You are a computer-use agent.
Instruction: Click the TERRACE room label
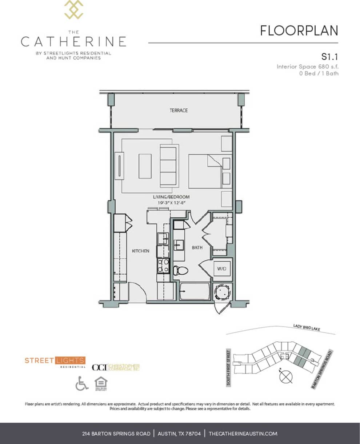tap(179, 110)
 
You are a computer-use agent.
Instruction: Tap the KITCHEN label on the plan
tap(140, 251)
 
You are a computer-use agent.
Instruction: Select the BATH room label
tap(197, 248)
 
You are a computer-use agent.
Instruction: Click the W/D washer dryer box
tap(222, 269)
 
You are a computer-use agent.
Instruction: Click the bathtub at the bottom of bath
tap(195, 292)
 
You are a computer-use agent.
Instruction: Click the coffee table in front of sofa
tap(145, 166)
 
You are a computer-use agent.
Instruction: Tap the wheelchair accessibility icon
tap(82, 383)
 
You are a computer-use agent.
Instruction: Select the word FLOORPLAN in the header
tap(299, 31)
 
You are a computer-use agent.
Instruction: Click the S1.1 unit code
tap(330, 57)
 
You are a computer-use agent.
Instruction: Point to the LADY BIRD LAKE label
tap(307, 327)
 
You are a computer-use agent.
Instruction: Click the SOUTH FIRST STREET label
tap(229, 368)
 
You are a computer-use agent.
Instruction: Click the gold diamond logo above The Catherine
tap(73, 9)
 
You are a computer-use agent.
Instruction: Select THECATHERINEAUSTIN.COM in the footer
tap(243, 433)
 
